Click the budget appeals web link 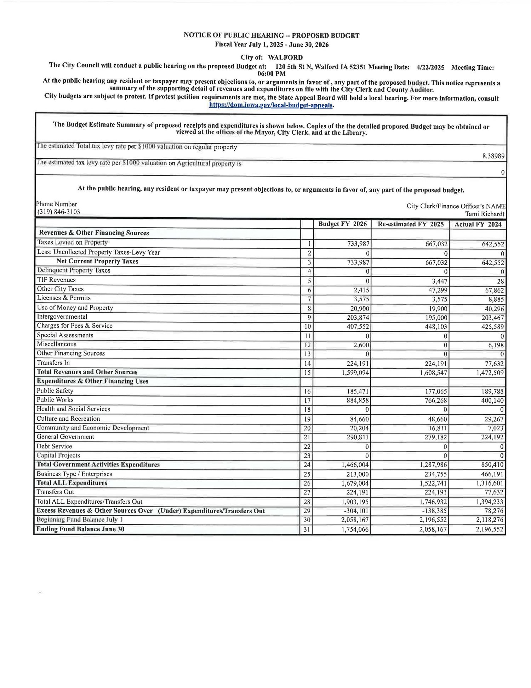(271, 105)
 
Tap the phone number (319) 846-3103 (59, 212)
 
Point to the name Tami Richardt (485, 214)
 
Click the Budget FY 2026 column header (342, 224)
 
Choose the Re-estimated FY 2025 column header (411, 224)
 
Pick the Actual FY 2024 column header (478, 224)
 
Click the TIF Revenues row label (56, 280)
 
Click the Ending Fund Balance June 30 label (80, 529)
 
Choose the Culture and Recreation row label (68, 419)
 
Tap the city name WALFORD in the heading (285, 57)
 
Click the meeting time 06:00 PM (271, 74)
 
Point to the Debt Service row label (54, 446)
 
